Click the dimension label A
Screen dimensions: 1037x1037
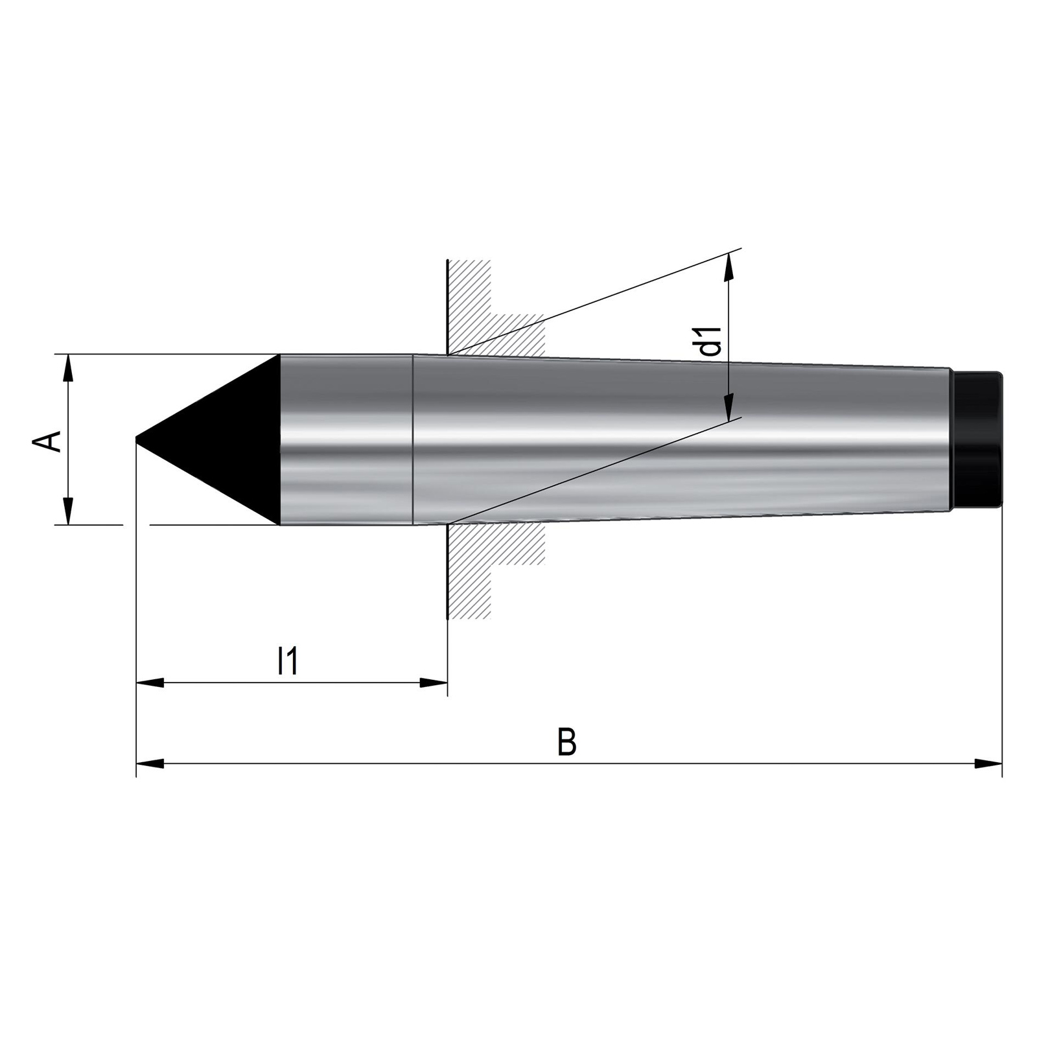click(x=46, y=441)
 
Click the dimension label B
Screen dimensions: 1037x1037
click(x=567, y=742)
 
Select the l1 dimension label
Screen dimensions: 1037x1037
click(x=287, y=661)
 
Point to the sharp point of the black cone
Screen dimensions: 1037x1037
click(x=136, y=439)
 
